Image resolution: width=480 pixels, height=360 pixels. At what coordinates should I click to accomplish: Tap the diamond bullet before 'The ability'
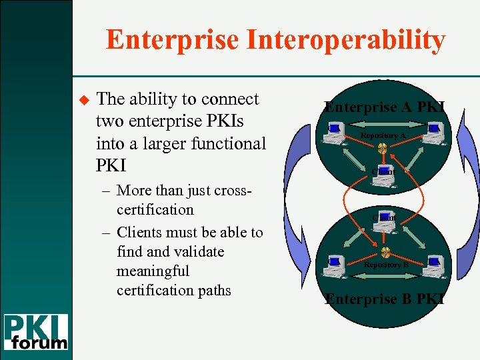click(x=84, y=99)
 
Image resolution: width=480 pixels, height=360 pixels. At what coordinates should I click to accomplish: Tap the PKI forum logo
click(x=36, y=332)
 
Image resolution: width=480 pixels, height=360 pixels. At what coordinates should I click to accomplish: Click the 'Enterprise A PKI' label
click(x=385, y=107)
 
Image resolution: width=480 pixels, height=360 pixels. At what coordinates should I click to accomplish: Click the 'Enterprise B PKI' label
click(x=385, y=299)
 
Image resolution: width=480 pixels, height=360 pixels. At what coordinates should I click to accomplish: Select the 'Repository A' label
click(x=383, y=135)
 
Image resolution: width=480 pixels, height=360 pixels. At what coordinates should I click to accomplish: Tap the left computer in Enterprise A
click(x=334, y=133)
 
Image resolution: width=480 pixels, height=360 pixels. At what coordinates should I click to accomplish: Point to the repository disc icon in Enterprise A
click(x=383, y=147)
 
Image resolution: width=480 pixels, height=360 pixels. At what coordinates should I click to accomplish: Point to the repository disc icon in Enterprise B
click(x=385, y=252)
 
